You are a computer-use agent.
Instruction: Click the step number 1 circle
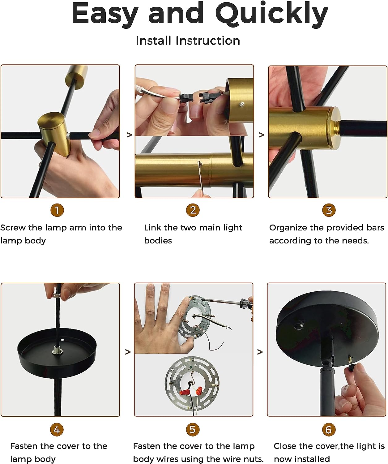(x=57, y=210)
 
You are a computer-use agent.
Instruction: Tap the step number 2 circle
(x=193, y=210)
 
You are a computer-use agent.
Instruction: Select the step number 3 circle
(x=329, y=210)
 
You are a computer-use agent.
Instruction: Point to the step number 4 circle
(x=57, y=430)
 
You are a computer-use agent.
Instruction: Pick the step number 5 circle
(x=193, y=430)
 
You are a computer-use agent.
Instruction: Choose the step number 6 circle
(x=329, y=430)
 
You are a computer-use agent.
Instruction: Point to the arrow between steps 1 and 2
(x=129, y=135)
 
